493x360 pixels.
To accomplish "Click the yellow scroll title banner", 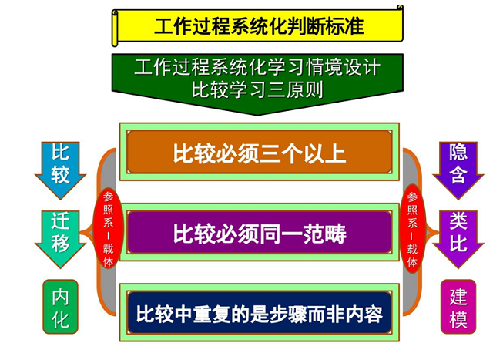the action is (x=258, y=25).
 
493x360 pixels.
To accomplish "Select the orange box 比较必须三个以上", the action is (x=260, y=152).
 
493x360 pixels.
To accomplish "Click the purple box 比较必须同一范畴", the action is (x=260, y=233).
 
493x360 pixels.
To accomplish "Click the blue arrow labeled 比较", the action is (x=60, y=170).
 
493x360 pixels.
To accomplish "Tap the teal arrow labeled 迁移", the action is (x=60, y=239).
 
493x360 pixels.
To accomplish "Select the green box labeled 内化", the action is (x=60, y=307).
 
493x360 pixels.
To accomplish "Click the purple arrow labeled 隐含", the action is (x=458, y=170).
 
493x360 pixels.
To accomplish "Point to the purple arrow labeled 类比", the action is (x=458, y=239).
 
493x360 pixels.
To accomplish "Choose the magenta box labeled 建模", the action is (x=458, y=307).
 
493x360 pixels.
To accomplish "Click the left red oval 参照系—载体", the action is (x=108, y=229).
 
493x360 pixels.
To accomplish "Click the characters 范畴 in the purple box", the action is (x=324, y=234).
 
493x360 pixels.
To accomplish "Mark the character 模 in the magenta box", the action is (x=458, y=319).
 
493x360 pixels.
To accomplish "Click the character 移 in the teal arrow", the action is (x=60, y=243).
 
